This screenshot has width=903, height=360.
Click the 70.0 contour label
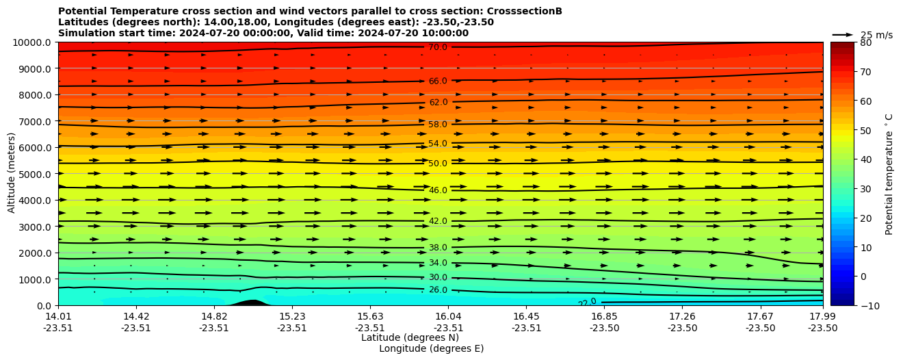438,48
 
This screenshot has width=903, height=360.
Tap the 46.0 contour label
438,190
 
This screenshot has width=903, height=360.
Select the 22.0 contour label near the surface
587,303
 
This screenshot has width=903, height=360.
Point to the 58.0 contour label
438,125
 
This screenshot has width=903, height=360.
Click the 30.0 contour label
438,277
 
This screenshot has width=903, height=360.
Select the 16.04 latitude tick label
448,316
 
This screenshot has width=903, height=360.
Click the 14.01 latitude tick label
58,316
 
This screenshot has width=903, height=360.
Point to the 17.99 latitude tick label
822,316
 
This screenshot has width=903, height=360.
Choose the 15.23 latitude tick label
292,316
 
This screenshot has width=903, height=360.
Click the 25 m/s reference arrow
843,35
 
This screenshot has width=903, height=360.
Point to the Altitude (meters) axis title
12,174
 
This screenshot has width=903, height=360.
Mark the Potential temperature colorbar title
889,174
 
